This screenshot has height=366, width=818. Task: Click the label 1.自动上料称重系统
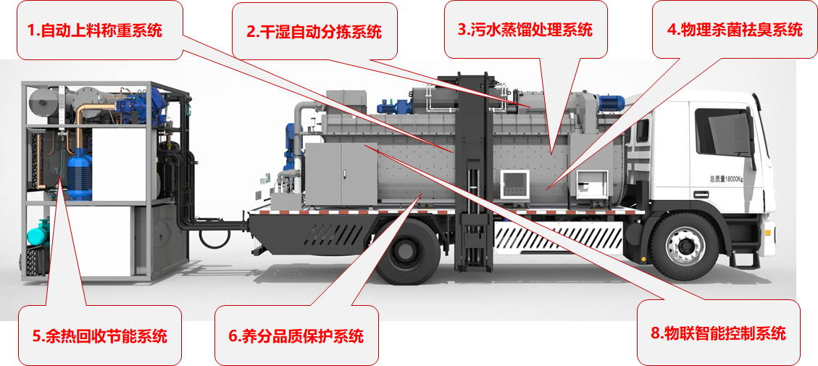tap(94, 31)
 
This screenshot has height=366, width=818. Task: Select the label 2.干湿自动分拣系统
tap(314, 32)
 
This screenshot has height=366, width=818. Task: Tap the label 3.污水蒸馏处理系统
tap(525, 29)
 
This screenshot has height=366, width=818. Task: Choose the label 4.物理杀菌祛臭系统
tap(735, 30)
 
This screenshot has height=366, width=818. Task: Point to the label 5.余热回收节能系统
tap(100, 336)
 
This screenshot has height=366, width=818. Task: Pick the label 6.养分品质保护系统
tap(296, 336)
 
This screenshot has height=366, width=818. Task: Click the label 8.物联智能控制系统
tap(718, 333)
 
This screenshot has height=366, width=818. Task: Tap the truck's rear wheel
tap(407, 251)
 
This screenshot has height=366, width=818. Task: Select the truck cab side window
tap(722, 132)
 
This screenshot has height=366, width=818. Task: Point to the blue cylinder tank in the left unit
tap(80, 174)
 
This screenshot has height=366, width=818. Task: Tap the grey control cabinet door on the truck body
tap(341, 174)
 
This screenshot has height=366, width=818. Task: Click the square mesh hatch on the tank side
tap(515, 184)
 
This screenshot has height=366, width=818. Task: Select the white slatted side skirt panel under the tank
tap(558, 236)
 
